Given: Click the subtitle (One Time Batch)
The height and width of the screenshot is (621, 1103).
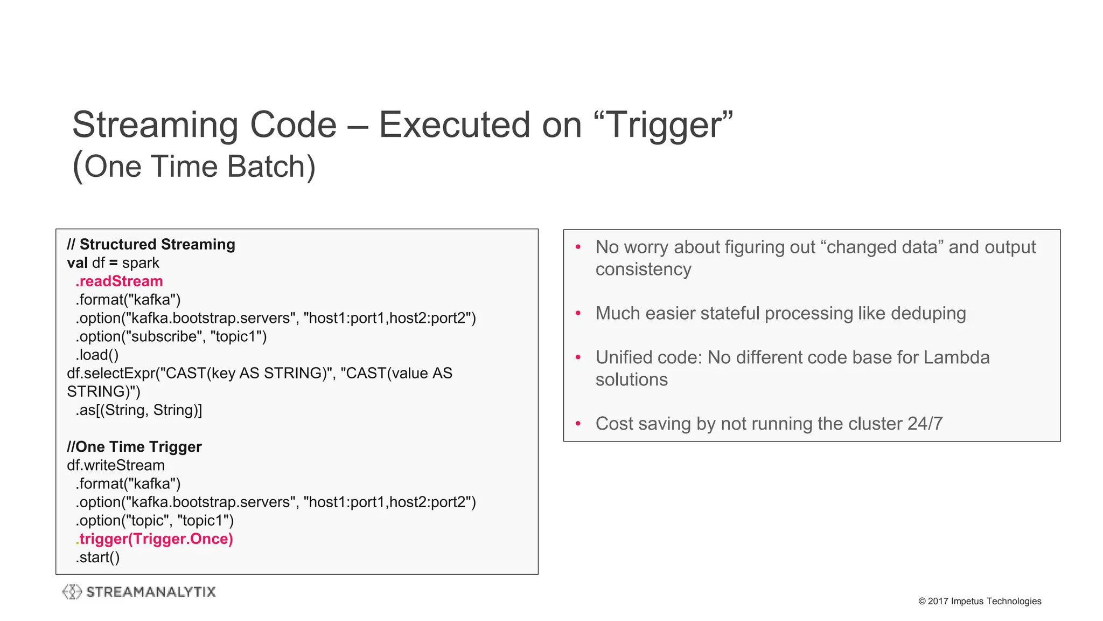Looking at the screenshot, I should pyautogui.click(x=194, y=166).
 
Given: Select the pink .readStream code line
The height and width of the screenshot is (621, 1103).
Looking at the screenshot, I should pyautogui.click(x=119, y=281).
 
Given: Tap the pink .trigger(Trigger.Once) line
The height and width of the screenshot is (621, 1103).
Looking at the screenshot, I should pyautogui.click(x=155, y=539).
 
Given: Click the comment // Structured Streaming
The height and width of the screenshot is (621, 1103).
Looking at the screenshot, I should pyautogui.click(x=151, y=245).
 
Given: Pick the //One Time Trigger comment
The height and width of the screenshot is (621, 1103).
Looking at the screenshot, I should pyautogui.click(x=134, y=447).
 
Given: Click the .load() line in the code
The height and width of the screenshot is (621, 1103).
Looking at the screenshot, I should pyautogui.click(x=97, y=355).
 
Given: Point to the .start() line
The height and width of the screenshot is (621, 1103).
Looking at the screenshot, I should pyautogui.click(x=97, y=557).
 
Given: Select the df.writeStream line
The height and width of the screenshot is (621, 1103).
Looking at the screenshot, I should pyautogui.click(x=116, y=465).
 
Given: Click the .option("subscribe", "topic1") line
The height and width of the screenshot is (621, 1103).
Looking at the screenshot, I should pyautogui.click(x=171, y=336).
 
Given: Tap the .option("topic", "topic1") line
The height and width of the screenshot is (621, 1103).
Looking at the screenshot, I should pyautogui.click(x=155, y=521).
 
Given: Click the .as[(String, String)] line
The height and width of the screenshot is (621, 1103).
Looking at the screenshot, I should pyautogui.click(x=138, y=410).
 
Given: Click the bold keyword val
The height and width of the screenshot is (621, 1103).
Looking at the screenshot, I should pyautogui.click(x=77, y=263).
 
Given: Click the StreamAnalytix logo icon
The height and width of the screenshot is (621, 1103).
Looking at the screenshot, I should pyautogui.click(x=72, y=592).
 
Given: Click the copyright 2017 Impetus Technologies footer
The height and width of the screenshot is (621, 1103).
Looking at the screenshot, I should pyautogui.click(x=980, y=601).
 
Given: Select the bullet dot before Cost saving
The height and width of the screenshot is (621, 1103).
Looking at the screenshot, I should pyautogui.click(x=578, y=424).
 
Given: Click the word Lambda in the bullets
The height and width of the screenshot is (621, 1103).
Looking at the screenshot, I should pyautogui.click(x=957, y=357).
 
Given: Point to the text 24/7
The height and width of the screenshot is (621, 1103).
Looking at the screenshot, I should pyautogui.click(x=925, y=424).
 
